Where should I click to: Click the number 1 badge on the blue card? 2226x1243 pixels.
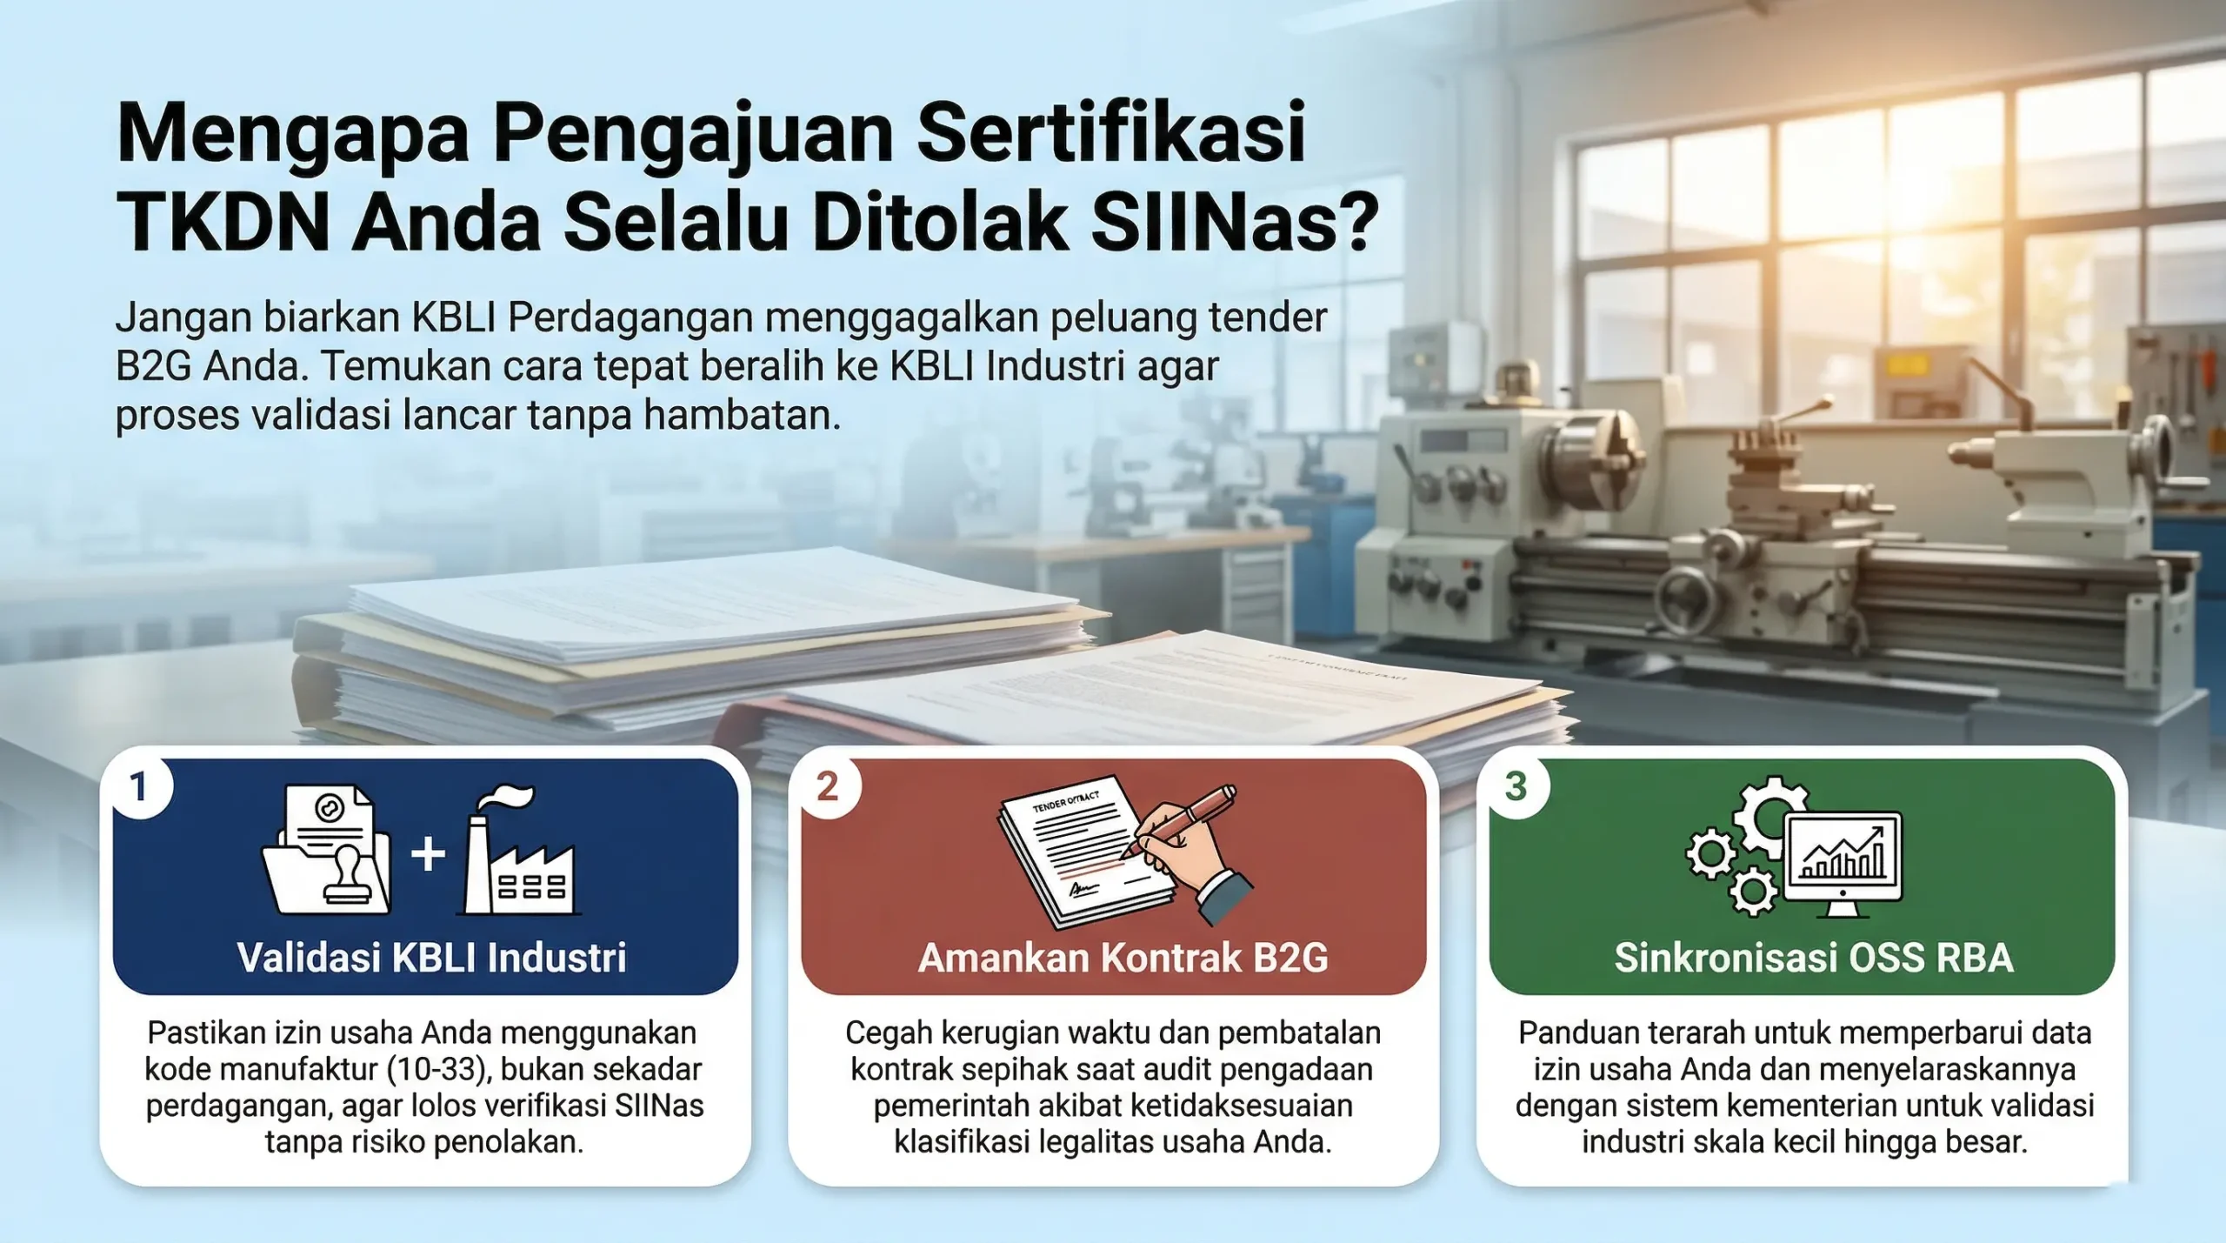(138, 787)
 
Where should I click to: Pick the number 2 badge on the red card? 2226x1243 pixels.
(828, 787)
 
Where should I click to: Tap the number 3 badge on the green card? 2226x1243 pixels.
(1516, 787)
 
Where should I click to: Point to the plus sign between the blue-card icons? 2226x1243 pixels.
(428, 853)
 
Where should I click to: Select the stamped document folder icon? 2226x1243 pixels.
(327, 850)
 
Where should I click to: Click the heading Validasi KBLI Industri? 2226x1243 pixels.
(431, 958)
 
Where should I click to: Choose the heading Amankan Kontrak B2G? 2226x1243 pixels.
(1123, 958)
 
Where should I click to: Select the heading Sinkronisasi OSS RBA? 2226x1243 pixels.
(1814, 958)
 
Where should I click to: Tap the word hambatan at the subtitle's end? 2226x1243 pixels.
(742, 415)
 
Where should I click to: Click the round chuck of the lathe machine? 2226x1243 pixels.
(1590, 457)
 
